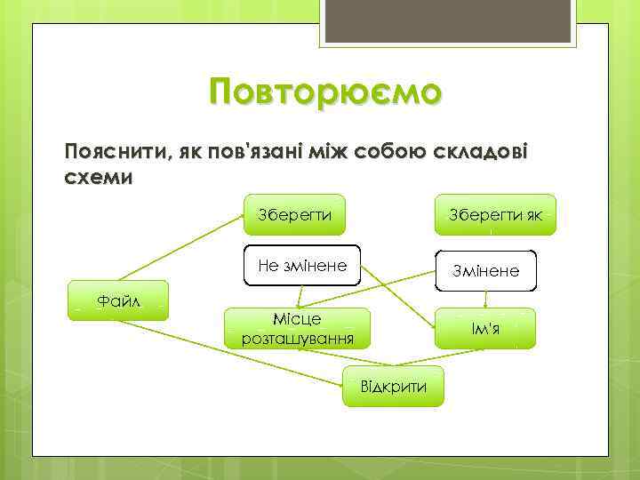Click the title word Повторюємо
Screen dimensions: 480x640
[x=324, y=92]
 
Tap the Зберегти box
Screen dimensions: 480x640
[x=294, y=214]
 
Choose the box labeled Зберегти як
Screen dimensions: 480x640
[x=495, y=214]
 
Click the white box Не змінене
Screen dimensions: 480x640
[x=301, y=265]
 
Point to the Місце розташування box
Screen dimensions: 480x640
[x=297, y=328]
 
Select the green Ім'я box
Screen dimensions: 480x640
[x=486, y=328]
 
